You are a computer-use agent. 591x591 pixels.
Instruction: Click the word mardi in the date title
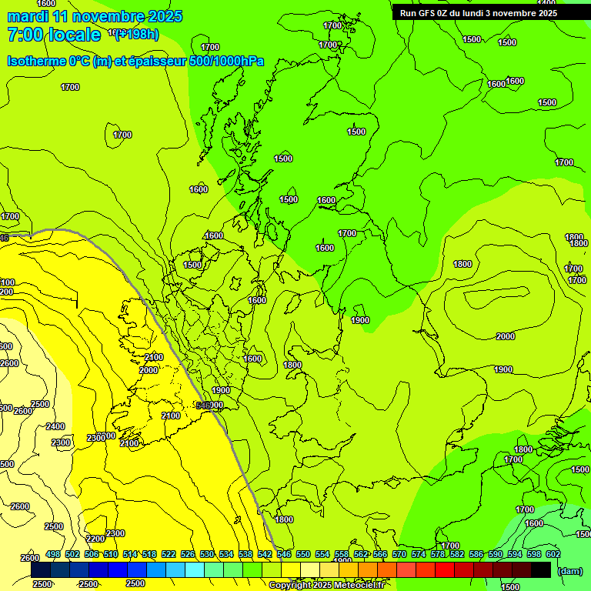click(28, 16)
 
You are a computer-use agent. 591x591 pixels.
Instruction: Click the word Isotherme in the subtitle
click(36, 61)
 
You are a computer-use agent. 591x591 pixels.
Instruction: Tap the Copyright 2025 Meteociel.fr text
click(326, 585)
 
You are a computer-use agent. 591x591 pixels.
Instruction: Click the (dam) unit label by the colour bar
click(569, 570)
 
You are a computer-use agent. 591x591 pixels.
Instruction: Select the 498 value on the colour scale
click(53, 554)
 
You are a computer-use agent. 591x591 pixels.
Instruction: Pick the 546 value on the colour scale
click(284, 554)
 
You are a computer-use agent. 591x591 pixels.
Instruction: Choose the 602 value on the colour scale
click(553, 554)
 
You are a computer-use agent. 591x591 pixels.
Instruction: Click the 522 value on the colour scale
click(169, 554)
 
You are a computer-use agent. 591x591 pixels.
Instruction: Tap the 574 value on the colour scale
click(419, 554)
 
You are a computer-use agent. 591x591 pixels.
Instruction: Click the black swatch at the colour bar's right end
click(541, 569)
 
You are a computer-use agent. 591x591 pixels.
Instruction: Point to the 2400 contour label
click(55, 426)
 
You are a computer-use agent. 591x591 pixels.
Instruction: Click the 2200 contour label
click(95, 539)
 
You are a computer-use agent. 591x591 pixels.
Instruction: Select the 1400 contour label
click(547, 3)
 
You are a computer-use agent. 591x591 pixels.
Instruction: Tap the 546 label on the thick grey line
click(203, 405)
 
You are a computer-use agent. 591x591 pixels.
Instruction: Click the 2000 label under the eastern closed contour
click(506, 336)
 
